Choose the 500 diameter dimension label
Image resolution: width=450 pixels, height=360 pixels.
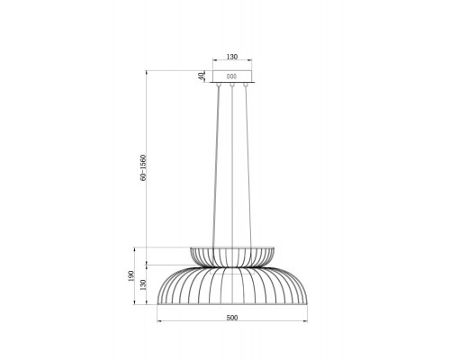(x=231, y=317)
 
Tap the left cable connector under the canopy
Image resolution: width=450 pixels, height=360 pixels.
(x=217, y=85)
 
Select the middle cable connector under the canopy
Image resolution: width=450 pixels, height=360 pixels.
(x=231, y=85)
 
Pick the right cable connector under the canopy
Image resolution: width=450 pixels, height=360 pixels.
(x=246, y=85)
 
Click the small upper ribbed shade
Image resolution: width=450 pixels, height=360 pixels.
(x=231, y=254)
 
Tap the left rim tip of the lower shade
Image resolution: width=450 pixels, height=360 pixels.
(x=158, y=304)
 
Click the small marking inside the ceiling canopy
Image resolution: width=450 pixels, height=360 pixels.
(x=231, y=75)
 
